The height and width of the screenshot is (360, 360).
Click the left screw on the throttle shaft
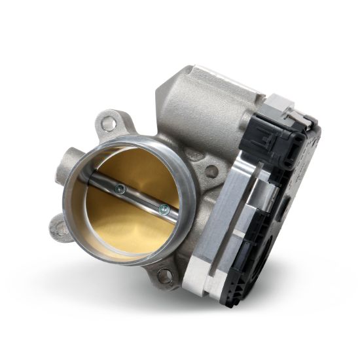click(118, 190)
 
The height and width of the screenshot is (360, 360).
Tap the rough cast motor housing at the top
click(196, 98)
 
